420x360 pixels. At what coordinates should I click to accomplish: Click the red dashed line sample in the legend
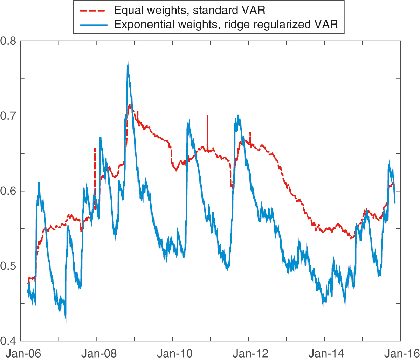pos(93,10)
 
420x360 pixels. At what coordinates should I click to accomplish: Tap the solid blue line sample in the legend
pos(93,25)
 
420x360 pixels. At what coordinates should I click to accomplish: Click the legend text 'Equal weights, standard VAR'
pos(190,10)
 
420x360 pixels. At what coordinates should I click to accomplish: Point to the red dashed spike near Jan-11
pos(207,116)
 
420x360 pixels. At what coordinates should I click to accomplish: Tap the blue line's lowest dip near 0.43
pos(66,319)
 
